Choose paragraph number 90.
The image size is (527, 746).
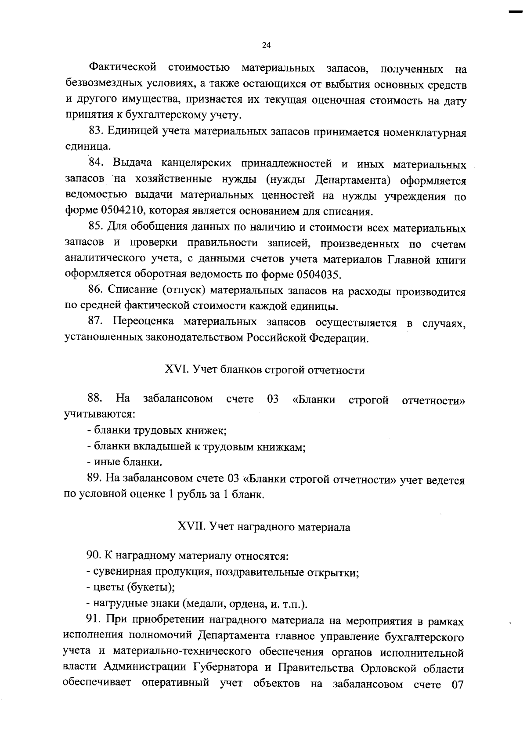tap(94, 556)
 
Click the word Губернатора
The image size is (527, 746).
tap(226, 668)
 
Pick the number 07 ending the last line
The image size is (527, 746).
tap(457, 684)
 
